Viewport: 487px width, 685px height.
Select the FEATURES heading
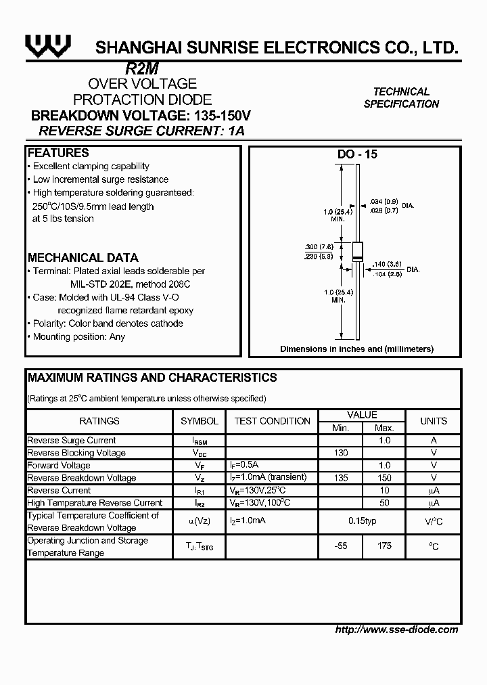pos(58,153)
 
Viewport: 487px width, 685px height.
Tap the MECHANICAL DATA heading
pos(83,258)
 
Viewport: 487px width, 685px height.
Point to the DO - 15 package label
pos(357,154)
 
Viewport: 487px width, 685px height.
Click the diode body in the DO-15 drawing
pos(356,252)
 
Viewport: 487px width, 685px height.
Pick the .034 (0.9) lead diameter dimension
pos(384,201)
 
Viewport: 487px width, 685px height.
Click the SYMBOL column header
pos(200,421)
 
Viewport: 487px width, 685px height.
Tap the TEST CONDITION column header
pos(272,421)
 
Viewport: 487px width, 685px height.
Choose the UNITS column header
pos(434,421)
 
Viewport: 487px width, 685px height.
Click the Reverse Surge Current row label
pos(72,441)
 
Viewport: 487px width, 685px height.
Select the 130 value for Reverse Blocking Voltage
pos(341,453)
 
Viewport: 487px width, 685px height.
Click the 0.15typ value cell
pos(362,520)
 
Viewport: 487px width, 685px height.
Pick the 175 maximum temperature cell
pos(384,546)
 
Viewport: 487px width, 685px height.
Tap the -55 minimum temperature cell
pos(341,546)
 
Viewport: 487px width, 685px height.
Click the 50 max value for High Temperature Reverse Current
pos(384,503)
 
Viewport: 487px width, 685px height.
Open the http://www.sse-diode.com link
pos(396,629)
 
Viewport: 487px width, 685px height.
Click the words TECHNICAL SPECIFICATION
pos(401,97)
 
